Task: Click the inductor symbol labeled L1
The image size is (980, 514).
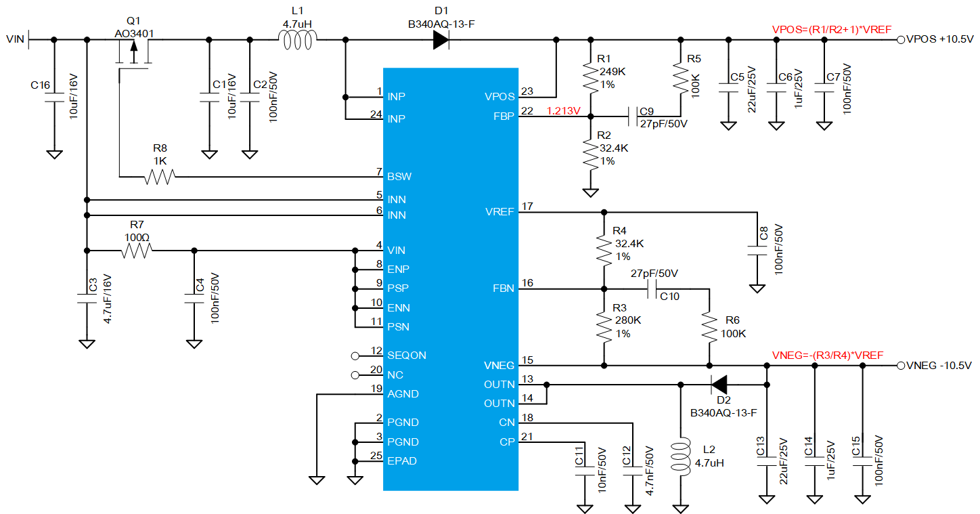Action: (298, 40)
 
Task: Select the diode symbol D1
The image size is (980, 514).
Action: (441, 40)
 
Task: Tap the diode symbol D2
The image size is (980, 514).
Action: (719, 385)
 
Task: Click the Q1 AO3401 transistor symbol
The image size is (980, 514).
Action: (134, 55)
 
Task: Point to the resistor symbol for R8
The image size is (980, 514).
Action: (160, 177)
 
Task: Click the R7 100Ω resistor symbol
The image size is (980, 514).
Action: (137, 251)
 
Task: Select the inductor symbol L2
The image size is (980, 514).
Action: (681, 456)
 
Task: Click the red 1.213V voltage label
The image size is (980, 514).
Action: (564, 111)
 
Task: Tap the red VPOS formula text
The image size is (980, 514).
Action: (832, 30)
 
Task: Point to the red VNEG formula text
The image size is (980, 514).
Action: (828, 355)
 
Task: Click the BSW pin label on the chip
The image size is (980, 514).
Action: (399, 177)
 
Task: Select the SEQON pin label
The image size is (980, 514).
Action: (407, 355)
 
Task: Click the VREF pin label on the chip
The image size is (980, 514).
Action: (499, 212)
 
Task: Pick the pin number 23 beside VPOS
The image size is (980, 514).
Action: (527, 91)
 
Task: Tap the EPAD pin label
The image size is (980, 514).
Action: (401, 461)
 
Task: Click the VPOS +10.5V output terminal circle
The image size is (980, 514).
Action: (901, 40)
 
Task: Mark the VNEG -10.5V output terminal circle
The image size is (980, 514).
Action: (901, 366)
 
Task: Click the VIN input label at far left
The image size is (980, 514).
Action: (15, 39)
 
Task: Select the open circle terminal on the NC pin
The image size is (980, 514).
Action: (355, 375)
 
